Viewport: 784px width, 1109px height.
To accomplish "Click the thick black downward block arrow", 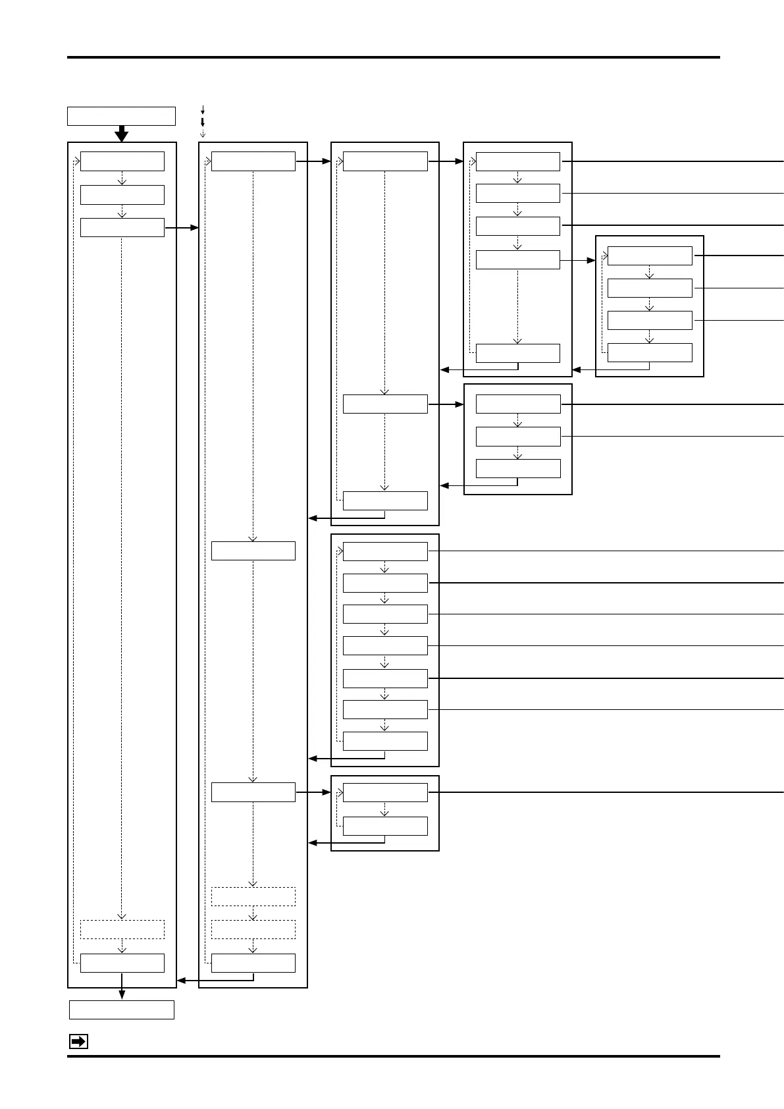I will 121,133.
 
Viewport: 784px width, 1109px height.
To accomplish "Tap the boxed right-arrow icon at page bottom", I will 78,1042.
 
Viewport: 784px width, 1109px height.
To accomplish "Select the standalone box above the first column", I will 121,116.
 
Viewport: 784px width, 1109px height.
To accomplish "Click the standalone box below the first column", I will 122,1010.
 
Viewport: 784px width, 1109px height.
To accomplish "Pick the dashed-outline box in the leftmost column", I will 122,929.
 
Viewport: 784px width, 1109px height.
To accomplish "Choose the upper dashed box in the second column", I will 253,896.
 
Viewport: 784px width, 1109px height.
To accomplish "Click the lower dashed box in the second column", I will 253,929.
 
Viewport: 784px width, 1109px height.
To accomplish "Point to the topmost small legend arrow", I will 203,109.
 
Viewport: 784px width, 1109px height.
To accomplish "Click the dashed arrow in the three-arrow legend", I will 203,133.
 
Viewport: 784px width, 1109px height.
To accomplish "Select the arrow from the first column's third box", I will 182,228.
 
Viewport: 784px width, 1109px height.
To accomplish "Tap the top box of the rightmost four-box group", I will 650,256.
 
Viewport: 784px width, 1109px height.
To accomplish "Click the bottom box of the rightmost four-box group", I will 650,352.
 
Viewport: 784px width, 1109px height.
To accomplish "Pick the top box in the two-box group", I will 385,792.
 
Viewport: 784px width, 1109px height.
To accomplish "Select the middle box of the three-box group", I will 518,437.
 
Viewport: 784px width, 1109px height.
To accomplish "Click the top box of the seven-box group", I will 385,551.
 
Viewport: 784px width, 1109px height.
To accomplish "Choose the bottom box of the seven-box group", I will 385,741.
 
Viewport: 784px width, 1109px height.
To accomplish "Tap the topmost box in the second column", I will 253,161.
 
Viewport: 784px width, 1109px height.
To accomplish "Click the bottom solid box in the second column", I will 253,963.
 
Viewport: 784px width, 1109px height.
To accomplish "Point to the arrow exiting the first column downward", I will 122,993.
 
